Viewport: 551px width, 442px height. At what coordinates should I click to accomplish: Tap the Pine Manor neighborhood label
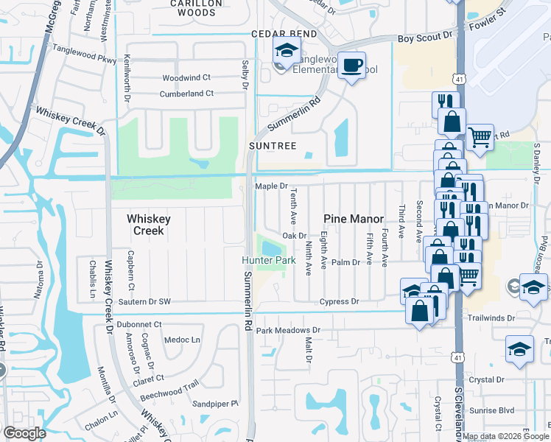(354, 219)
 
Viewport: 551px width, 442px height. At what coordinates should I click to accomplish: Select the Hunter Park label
(269, 261)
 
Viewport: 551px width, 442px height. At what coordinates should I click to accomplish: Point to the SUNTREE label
(272, 146)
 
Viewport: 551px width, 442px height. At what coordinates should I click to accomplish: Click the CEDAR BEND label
(284, 34)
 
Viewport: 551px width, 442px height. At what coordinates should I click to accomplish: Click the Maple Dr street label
(270, 186)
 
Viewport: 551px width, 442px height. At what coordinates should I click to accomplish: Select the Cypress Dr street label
(339, 302)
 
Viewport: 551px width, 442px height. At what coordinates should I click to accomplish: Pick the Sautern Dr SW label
(144, 302)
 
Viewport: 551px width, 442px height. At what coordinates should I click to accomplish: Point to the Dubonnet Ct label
(139, 324)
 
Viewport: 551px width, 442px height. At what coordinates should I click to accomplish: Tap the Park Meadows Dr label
(289, 331)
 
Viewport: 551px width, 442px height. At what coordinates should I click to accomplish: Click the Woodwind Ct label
(186, 77)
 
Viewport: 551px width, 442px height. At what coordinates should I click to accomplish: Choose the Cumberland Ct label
(187, 94)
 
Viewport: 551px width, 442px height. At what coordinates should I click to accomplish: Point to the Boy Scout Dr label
(424, 37)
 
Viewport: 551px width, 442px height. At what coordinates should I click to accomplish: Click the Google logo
(25, 432)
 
